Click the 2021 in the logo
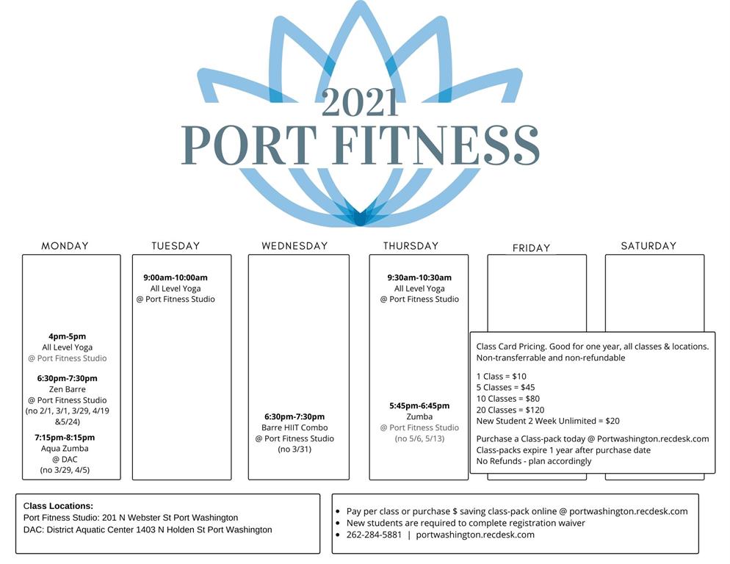point(360,103)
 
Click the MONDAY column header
point(65,246)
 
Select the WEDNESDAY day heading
point(294,246)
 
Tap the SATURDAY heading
point(648,246)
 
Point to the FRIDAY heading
point(531,248)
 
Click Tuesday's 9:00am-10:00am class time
point(176,278)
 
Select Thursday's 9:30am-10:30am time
point(419,278)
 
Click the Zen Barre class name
point(68,389)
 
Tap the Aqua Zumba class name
point(65,449)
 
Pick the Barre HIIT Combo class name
point(294,427)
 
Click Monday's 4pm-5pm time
point(68,336)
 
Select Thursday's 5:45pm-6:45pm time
point(419,405)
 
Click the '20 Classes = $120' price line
point(510,410)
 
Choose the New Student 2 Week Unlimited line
point(548,421)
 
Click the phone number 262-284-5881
point(374,535)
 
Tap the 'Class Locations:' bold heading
point(58,506)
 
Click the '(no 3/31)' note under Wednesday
point(294,449)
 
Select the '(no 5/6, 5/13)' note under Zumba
point(419,438)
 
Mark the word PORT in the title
point(249,145)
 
